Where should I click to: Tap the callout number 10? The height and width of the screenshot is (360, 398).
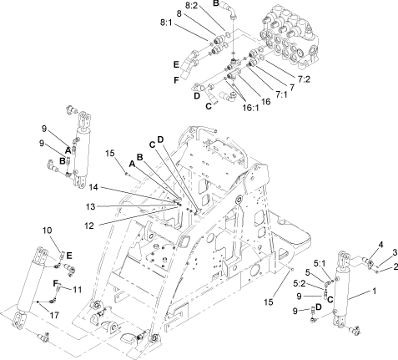pos(47,230)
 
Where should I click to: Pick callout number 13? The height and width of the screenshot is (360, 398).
pos(111,205)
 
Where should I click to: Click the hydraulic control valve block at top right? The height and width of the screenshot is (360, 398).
pos(293,38)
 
